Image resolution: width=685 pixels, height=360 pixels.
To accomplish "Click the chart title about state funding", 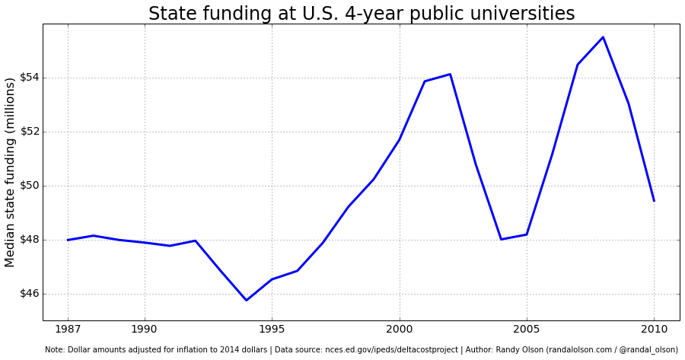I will tap(362, 14).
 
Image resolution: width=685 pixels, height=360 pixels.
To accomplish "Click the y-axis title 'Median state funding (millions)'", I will tap(11, 172).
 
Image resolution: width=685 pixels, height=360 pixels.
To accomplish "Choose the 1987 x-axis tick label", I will tap(68, 330).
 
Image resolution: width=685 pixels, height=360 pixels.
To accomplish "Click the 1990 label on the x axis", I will tap(145, 330).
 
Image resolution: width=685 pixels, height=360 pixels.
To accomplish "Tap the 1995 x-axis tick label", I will tap(272, 330).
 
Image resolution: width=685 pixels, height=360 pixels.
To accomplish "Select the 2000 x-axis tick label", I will tap(400, 330).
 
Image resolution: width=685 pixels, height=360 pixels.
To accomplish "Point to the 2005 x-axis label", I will tap(527, 330).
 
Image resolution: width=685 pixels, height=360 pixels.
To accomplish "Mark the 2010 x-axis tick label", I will tap(654, 330).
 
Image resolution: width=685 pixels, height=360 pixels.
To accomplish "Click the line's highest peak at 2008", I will tap(603, 37).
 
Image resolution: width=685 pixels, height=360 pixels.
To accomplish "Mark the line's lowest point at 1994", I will tap(246, 300).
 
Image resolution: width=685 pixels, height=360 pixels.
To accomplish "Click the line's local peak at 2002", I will tap(450, 74).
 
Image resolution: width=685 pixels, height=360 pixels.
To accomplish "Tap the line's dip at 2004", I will tap(501, 239).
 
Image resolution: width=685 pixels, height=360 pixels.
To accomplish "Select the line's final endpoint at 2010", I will tap(654, 201).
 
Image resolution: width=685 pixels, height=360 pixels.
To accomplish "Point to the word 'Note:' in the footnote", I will tap(55, 349).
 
